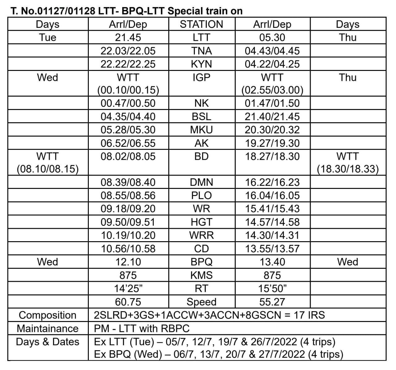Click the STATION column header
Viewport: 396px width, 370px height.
tap(201, 24)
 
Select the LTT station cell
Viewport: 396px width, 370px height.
tap(201, 37)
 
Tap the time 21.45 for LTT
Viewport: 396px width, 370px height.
tap(128, 37)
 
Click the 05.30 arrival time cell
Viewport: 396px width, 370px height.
tap(272, 37)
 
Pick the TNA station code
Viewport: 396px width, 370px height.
tap(201, 51)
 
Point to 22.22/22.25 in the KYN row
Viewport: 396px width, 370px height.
tap(128, 64)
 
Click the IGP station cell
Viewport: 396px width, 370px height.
tap(201, 77)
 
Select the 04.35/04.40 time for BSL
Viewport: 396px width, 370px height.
tap(128, 117)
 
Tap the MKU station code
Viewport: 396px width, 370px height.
tap(201, 130)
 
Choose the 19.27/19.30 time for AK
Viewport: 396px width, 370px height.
tap(272, 143)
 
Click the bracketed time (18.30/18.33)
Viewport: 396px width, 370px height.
tap(348, 169)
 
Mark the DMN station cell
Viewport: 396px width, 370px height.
tap(201, 182)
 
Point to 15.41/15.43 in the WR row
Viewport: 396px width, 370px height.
tap(272, 209)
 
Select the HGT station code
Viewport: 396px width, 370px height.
tap(201, 222)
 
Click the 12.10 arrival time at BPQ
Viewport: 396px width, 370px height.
tap(128, 262)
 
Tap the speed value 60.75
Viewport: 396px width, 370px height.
tap(128, 302)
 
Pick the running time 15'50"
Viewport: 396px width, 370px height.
tap(272, 289)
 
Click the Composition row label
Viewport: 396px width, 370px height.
tap(48, 315)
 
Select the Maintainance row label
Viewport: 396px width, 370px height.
tap(48, 328)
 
